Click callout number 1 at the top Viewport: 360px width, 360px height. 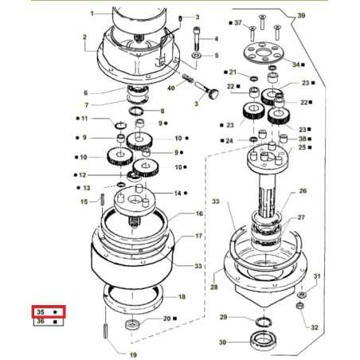coord(91,14)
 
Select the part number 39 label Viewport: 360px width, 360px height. coord(301,16)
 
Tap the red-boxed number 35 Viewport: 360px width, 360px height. coord(38,311)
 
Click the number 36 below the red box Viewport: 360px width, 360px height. coord(38,322)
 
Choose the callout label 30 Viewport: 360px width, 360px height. coord(224,343)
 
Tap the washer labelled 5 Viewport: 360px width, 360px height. coord(196,56)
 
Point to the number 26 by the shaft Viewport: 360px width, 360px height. coord(302,191)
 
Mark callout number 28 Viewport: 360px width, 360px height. coord(214,285)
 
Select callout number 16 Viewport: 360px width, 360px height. coord(199,214)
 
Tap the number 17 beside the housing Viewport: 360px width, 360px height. coord(199,237)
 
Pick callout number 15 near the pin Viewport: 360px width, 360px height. coord(84,202)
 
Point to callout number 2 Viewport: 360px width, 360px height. coord(84,37)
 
